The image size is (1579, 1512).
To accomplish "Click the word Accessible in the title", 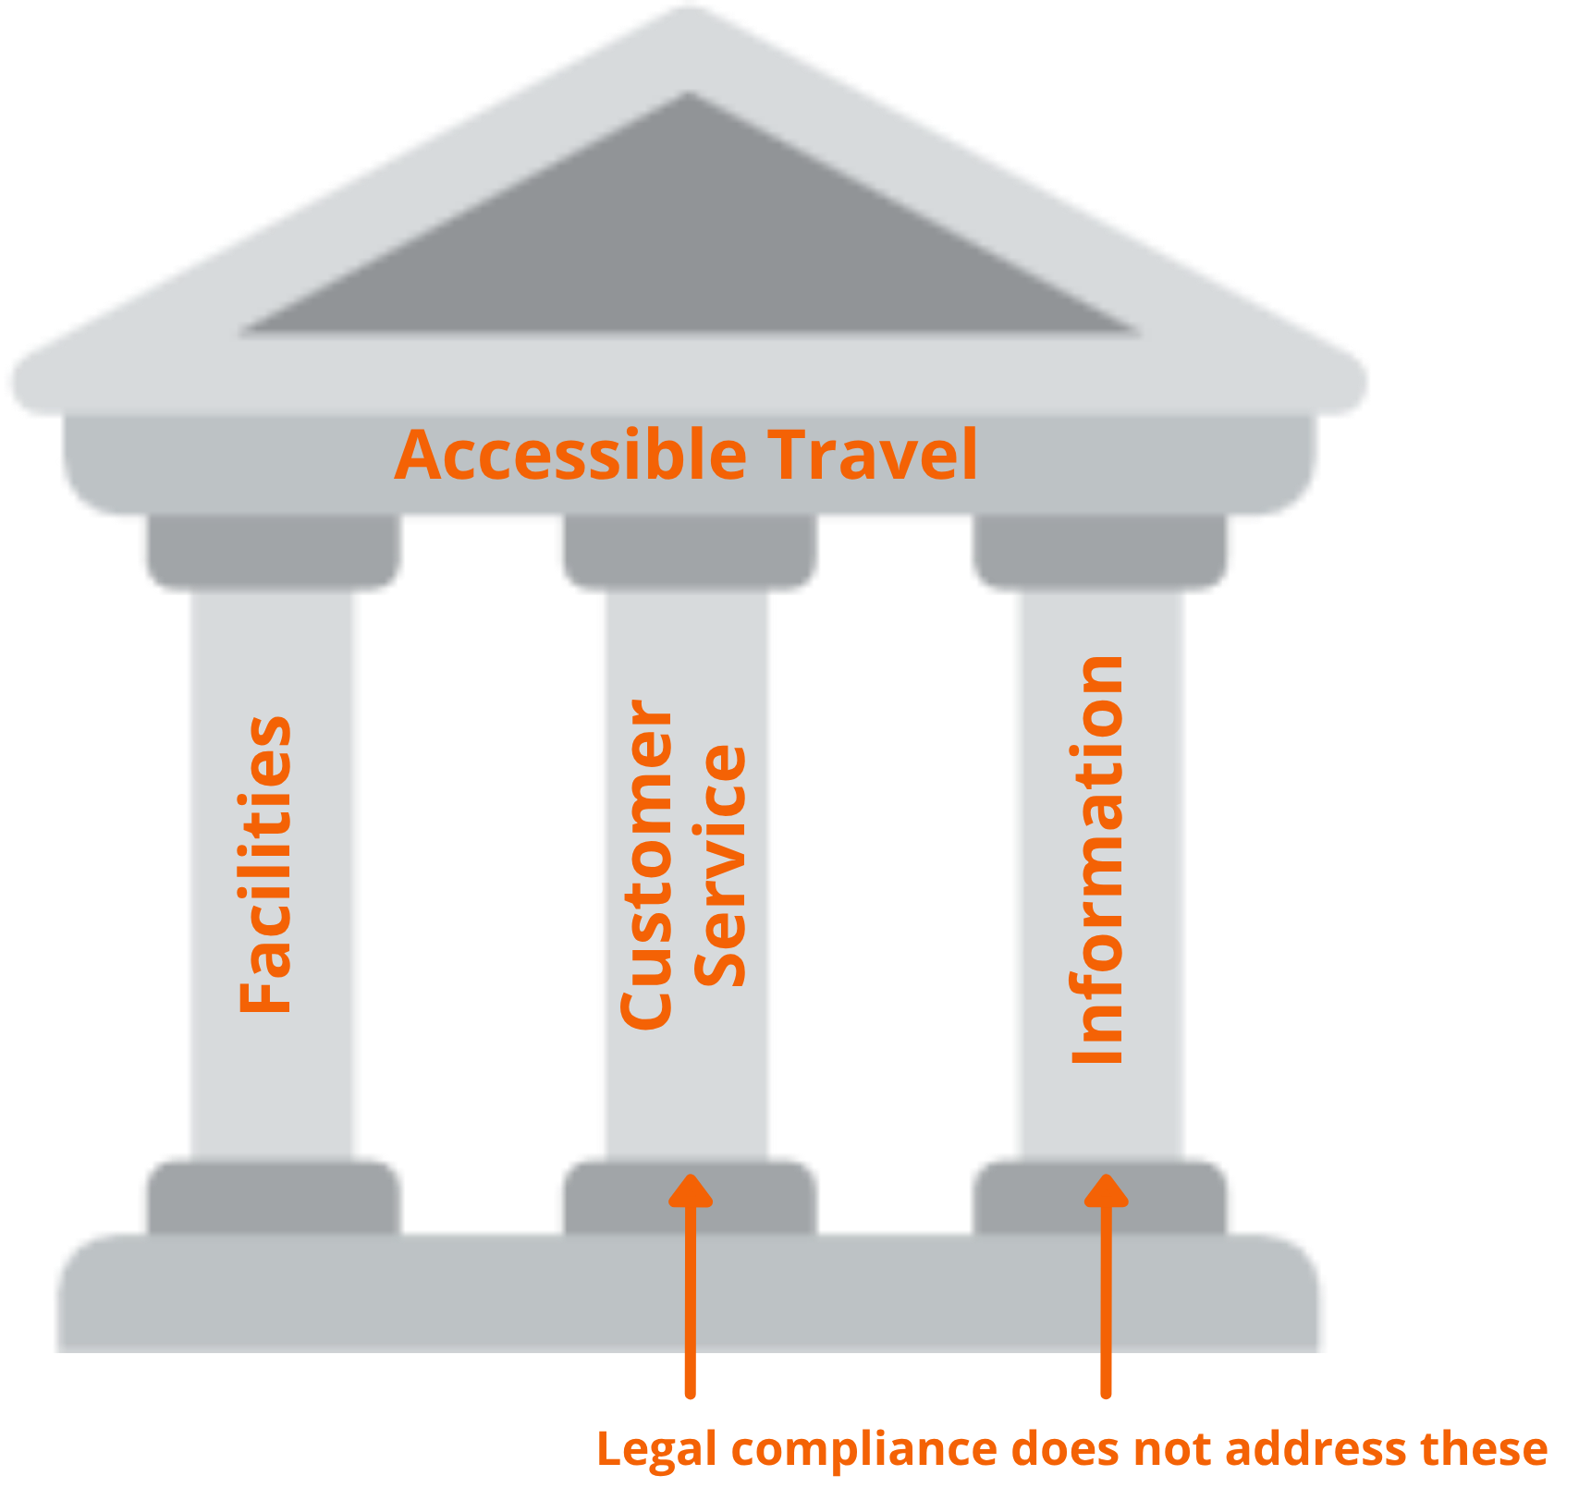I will click(x=570, y=455).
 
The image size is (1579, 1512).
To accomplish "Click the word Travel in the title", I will click(x=873, y=455).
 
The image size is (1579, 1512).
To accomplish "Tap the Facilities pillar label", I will click(x=266, y=864).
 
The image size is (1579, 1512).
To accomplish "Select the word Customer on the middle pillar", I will click(x=646, y=864).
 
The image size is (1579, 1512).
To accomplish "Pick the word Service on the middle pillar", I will click(x=720, y=864).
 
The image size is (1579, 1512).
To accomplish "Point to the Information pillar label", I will click(x=1097, y=860).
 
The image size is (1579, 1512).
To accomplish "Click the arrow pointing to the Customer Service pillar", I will click(x=690, y=1285).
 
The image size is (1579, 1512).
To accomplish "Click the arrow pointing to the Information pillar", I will click(x=1106, y=1285).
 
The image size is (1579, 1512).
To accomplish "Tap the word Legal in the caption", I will click(x=656, y=1449).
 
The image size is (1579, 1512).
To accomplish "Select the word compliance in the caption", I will click(x=863, y=1449).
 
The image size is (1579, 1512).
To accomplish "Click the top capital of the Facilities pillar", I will click(x=271, y=553).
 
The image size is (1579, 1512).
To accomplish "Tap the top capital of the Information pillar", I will click(x=1102, y=553).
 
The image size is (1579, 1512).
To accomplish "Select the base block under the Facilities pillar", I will click(x=271, y=1194).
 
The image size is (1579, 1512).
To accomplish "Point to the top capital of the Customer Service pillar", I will click(x=687, y=553).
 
